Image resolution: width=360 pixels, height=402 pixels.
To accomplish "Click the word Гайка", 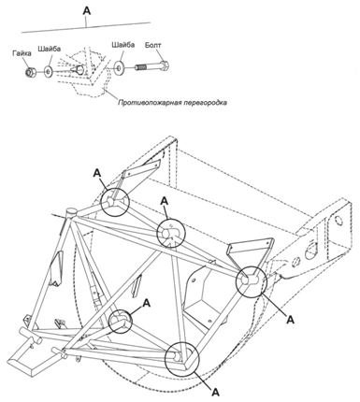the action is click(x=22, y=53).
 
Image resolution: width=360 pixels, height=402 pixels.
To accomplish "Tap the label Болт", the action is click(x=153, y=45).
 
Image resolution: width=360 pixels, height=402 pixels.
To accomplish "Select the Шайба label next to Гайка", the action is click(x=50, y=49).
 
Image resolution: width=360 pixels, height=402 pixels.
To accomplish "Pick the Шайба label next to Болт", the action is click(x=123, y=45).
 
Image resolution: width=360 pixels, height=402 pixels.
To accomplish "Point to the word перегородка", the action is click(x=206, y=103).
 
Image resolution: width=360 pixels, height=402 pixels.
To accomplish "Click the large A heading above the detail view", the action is click(x=87, y=11).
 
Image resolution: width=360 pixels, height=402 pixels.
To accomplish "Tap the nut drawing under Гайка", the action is click(x=30, y=73).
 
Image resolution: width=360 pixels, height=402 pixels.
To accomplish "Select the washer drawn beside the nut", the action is click(x=49, y=72).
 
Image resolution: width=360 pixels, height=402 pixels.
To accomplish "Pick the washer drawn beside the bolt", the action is click(x=119, y=68).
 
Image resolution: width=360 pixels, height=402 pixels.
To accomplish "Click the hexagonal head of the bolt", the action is click(x=165, y=65).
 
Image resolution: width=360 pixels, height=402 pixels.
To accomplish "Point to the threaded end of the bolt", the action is click(x=141, y=66).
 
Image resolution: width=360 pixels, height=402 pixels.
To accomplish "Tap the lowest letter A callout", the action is click(x=215, y=392).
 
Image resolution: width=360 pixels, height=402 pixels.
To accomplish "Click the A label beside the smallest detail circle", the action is click(x=146, y=303).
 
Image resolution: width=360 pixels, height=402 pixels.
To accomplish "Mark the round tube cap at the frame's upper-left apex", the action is click(x=71, y=212).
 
